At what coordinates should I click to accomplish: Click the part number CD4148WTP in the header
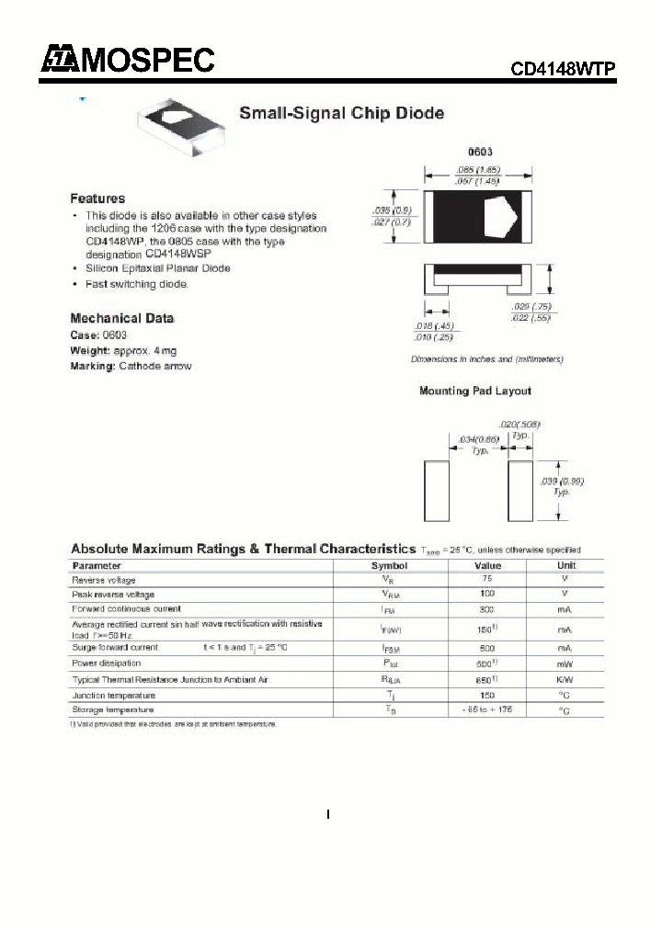point(563,69)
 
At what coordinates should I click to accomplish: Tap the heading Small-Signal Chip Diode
point(341,114)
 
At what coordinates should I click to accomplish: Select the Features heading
point(97,198)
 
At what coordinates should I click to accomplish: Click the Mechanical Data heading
point(122,318)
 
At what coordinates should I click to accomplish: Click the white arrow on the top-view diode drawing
point(502,217)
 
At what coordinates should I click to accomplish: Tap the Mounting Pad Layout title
point(474,391)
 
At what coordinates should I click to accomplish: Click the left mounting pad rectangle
point(437,492)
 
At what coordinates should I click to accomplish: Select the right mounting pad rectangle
point(521,492)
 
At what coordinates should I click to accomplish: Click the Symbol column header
point(389,566)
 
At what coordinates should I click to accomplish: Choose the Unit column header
point(566,566)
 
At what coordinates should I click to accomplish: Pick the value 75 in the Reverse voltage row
point(487,580)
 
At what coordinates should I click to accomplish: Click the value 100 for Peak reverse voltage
point(487,595)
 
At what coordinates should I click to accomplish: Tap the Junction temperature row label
point(113,695)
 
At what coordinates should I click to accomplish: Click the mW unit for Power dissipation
point(566,663)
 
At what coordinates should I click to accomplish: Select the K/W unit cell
point(566,680)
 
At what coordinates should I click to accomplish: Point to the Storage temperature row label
point(113,709)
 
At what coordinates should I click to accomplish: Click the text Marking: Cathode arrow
point(131,367)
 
